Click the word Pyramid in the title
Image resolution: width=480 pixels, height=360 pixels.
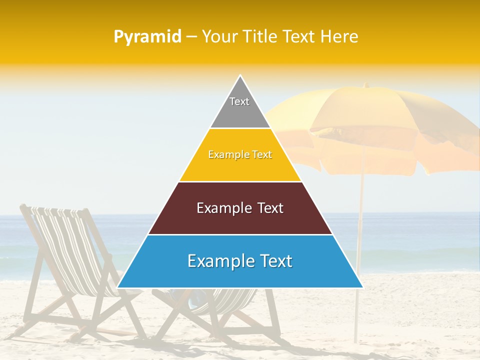point(147,37)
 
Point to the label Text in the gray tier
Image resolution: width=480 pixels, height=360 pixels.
point(239,101)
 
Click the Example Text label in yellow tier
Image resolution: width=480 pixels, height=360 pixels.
point(240,154)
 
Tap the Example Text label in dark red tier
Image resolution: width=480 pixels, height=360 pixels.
point(240,208)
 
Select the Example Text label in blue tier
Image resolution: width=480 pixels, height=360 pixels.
point(240,261)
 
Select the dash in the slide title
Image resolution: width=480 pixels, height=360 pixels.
point(191,37)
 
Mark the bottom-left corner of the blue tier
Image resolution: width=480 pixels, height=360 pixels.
point(118,287)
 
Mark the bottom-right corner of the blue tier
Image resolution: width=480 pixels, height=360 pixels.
point(362,287)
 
